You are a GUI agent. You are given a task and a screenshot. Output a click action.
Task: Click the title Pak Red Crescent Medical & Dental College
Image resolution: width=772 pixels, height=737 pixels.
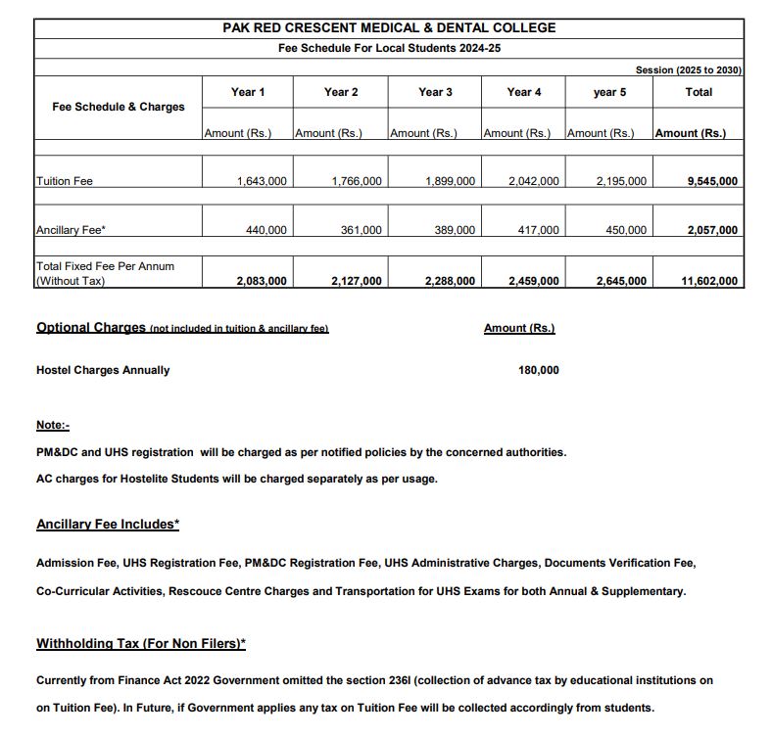coord(389,27)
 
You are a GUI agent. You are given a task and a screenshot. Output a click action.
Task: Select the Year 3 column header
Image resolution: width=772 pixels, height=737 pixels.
coord(435,92)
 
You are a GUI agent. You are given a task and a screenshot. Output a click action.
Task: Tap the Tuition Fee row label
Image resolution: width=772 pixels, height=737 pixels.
coord(65,181)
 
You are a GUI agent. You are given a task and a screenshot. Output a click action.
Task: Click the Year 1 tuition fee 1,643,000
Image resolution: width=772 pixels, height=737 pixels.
coord(262,181)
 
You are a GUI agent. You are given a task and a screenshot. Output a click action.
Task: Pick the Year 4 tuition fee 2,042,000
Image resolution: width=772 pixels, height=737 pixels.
coord(534,181)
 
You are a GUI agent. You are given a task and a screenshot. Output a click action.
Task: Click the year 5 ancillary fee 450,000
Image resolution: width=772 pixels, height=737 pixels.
coord(626,230)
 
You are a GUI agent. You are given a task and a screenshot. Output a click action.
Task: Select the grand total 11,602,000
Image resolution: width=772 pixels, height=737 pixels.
coord(709,281)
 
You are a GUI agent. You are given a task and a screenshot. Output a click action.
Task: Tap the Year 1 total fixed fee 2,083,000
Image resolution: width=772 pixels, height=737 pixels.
coord(262,281)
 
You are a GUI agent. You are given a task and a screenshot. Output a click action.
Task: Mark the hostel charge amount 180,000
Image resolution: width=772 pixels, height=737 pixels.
coord(538,370)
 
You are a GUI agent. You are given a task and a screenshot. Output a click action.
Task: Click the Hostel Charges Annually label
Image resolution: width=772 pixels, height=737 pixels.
coord(103,370)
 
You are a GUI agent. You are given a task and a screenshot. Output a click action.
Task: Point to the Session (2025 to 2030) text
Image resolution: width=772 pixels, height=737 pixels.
coord(689,70)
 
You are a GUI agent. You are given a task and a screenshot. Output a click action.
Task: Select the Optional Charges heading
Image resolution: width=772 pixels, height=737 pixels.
coord(90,328)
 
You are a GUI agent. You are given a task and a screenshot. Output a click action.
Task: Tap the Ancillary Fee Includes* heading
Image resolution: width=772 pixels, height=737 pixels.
coord(108,525)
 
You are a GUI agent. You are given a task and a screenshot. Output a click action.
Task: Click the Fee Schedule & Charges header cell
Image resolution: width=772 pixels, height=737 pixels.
coord(118,107)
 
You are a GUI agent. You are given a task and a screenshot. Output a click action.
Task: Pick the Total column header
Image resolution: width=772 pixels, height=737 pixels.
coord(699,92)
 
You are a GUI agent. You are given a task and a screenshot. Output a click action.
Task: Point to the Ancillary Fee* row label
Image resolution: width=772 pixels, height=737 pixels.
coord(71,230)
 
